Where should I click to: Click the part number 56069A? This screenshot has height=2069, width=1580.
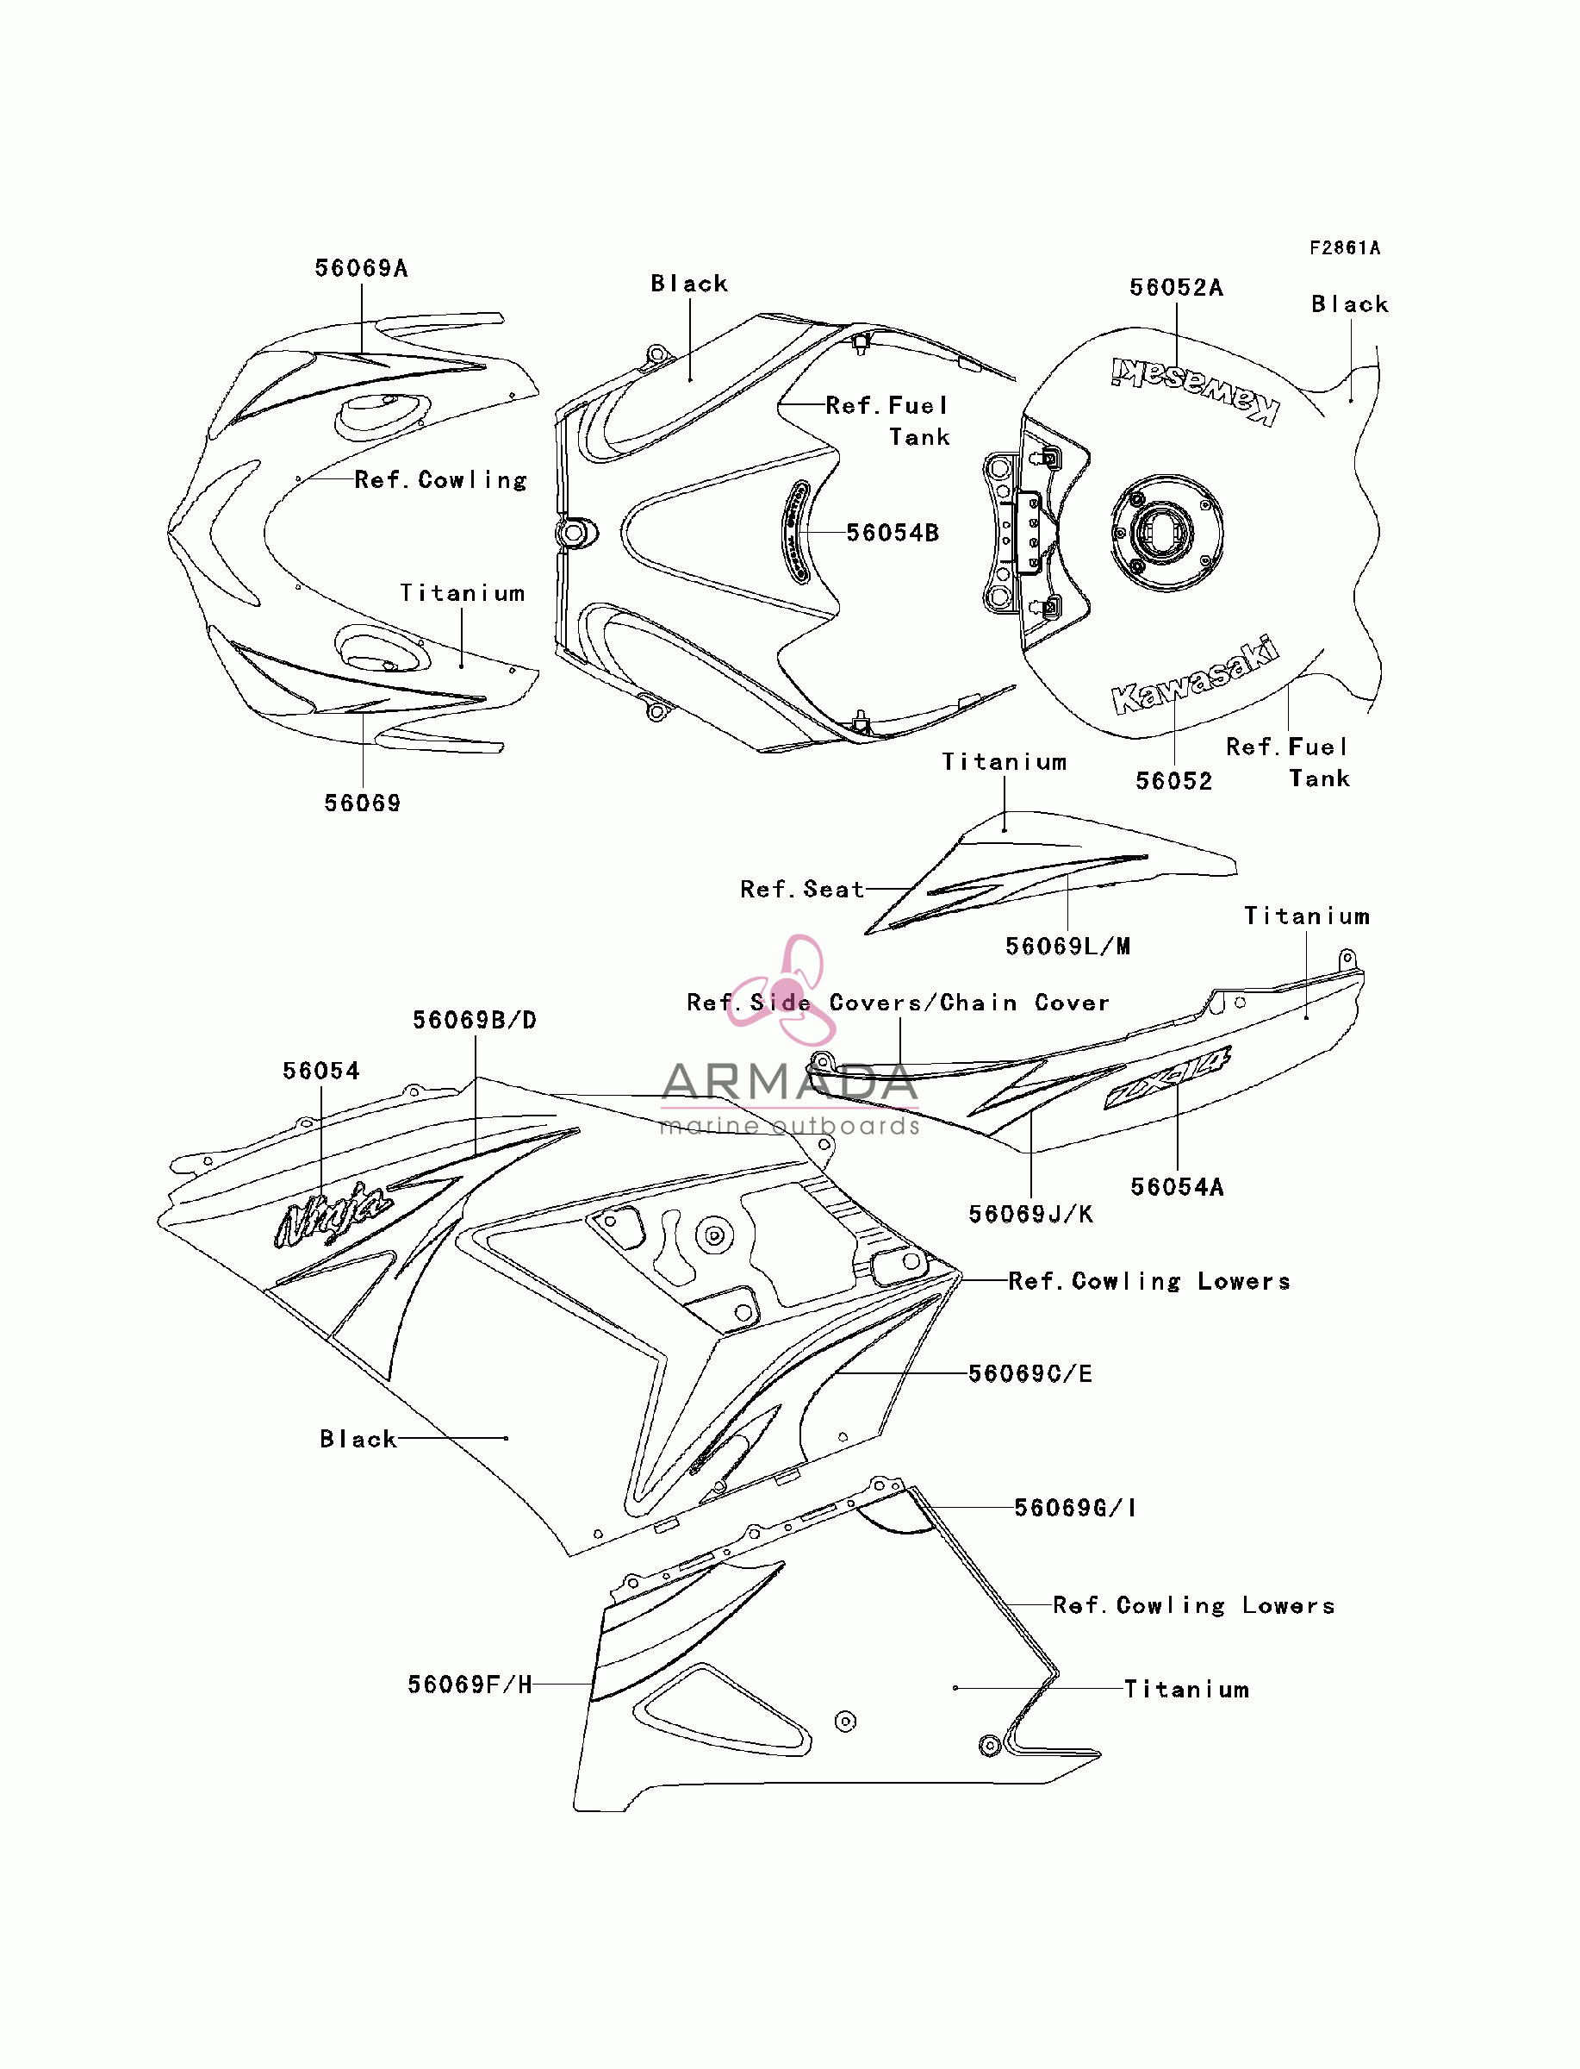pos(361,268)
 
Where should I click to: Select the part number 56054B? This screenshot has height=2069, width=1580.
pos(893,533)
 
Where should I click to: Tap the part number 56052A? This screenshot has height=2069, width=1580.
pos(1177,288)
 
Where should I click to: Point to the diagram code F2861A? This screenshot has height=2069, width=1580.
pos(1345,247)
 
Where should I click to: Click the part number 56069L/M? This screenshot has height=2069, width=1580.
pos(1068,947)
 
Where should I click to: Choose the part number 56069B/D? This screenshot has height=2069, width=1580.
pos(475,1020)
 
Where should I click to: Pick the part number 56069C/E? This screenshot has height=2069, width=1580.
pos(1030,1373)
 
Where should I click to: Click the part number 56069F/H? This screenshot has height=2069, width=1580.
pos(470,1685)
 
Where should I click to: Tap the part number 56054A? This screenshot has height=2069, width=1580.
pos(1178,1187)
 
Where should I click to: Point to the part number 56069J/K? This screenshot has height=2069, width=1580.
pos(1030,1215)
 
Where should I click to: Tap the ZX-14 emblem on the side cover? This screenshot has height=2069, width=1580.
pos(1167,1078)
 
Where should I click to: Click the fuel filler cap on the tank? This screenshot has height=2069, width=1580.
pos(1166,532)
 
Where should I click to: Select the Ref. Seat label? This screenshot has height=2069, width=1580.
pos(802,889)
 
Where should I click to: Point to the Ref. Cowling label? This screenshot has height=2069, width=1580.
pos(441,480)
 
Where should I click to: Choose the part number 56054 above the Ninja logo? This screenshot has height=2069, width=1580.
pos(320,1071)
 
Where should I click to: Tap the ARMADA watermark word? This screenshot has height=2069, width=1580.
pos(790,1082)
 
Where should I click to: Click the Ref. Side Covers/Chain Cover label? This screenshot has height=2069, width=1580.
pos(899,1003)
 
